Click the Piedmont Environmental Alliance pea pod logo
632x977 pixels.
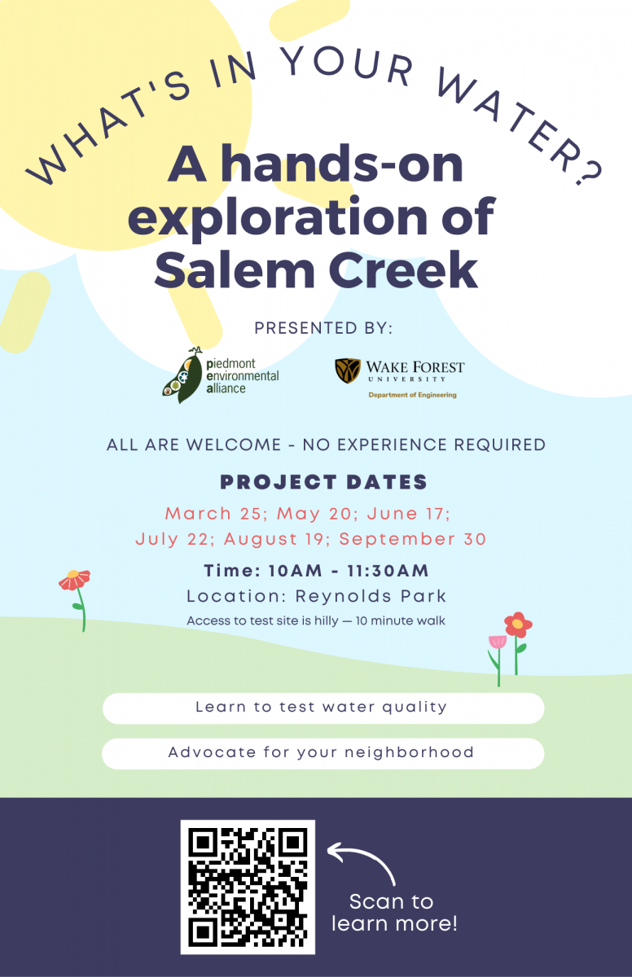pyautogui.click(x=183, y=375)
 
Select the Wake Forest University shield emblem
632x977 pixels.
pyautogui.click(x=348, y=370)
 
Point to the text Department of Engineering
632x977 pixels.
pyautogui.click(x=412, y=395)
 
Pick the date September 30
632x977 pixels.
pyautogui.click(x=413, y=539)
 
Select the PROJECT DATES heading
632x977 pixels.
pyautogui.click(x=323, y=482)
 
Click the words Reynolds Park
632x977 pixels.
pyautogui.click(x=371, y=596)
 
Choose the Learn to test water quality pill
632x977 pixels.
pyautogui.click(x=323, y=708)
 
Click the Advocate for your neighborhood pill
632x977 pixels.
pyautogui.click(x=323, y=753)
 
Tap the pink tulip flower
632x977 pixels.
pyautogui.click(x=498, y=642)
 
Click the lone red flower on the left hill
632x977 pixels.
pyautogui.click(x=75, y=580)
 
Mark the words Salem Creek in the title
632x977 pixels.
pyautogui.click(x=316, y=270)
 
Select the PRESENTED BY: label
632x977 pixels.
pyautogui.click(x=323, y=328)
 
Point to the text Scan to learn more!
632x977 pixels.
pyautogui.click(x=394, y=913)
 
